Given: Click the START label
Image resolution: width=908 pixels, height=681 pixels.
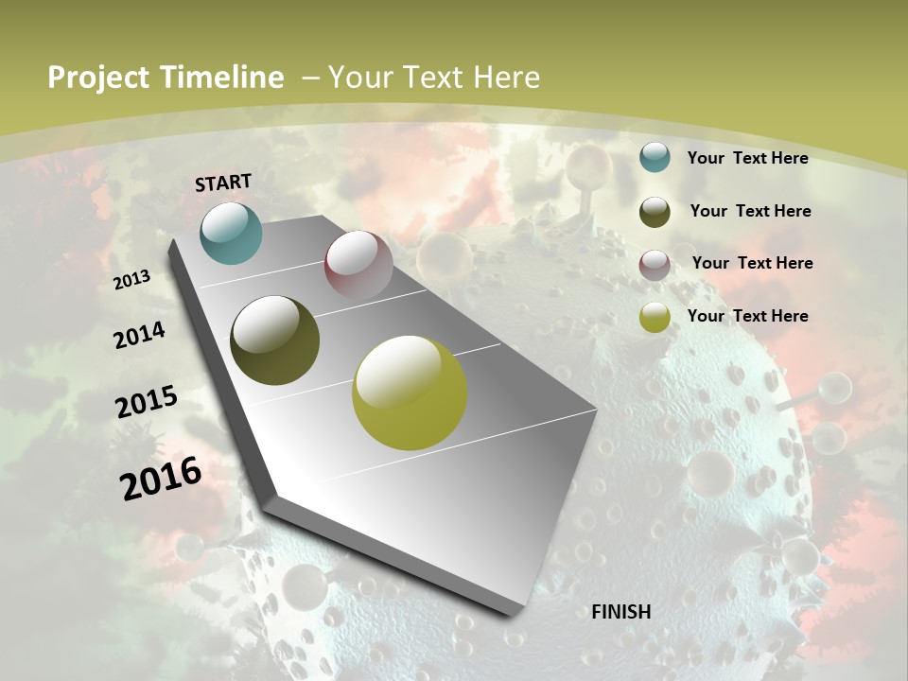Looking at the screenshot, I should tap(223, 183).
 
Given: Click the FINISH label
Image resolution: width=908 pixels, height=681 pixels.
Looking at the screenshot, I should tap(620, 612).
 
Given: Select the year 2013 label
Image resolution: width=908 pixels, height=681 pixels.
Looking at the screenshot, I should tap(132, 279).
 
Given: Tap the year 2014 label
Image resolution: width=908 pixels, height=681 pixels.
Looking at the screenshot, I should tap(140, 335).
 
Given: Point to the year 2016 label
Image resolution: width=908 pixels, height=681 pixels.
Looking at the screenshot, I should tap(161, 478).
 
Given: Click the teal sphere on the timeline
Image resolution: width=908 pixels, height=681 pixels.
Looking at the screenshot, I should tap(231, 233).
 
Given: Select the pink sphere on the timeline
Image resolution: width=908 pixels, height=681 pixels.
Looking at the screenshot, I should tap(358, 265).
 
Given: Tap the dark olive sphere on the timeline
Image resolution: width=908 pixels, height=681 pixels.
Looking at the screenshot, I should tap(275, 340).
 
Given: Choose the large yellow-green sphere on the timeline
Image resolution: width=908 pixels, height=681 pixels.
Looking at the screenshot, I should tap(410, 393).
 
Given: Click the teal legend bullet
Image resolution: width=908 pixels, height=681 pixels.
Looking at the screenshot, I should tap(655, 157).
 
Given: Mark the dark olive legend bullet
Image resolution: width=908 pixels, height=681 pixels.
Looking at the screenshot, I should tap(655, 212).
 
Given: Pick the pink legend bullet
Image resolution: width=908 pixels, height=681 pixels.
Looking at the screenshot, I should tap(655, 265).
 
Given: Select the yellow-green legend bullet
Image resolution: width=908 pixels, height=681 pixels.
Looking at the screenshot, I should tap(655, 318).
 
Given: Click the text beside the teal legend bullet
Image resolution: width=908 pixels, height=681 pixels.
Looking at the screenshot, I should tap(747, 158).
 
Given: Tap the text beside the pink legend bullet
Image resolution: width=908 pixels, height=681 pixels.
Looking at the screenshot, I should tap(752, 263).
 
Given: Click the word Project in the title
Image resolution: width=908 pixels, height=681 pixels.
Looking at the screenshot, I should tap(98, 78).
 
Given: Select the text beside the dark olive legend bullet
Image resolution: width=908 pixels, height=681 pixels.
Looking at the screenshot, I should tap(750, 211).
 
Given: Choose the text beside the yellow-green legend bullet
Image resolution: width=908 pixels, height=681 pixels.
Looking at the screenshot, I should tap(747, 316).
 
